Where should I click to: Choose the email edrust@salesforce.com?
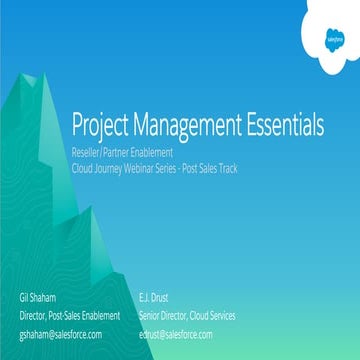[178, 333]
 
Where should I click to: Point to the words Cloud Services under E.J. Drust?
[212, 315]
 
